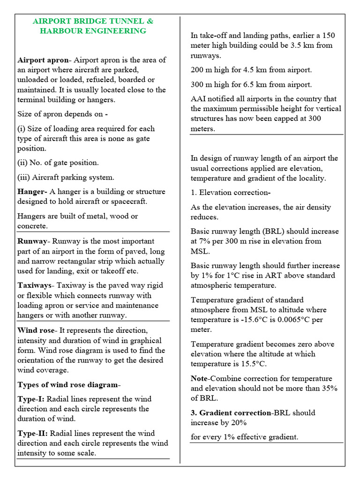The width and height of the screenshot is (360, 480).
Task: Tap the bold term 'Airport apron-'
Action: pos(44,60)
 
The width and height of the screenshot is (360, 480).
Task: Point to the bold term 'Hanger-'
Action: pos(32,192)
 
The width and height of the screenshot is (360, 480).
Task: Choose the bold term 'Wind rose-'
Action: pos(37,330)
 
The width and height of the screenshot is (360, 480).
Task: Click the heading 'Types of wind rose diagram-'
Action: pos(69,385)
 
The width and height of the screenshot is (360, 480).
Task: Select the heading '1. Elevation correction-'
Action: pos(231,193)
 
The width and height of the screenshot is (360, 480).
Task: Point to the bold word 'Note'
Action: pos(200,379)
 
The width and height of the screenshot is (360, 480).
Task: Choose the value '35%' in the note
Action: pos(329,389)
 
